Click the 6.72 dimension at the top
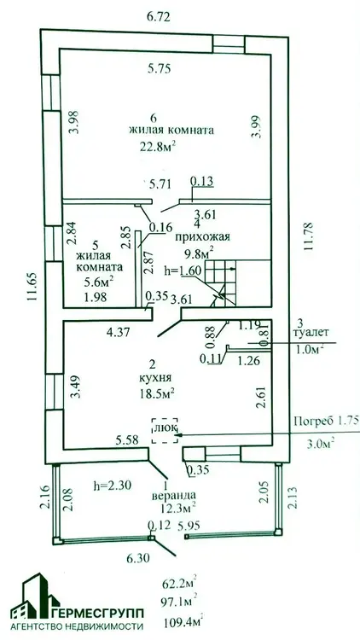(158, 17)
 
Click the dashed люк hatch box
(165, 431)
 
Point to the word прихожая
(203, 236)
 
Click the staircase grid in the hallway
(220, 282)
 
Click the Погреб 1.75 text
(326, 422)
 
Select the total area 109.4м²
(183, 622)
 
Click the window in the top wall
(229, 44)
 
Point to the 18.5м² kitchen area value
(156, 393)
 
